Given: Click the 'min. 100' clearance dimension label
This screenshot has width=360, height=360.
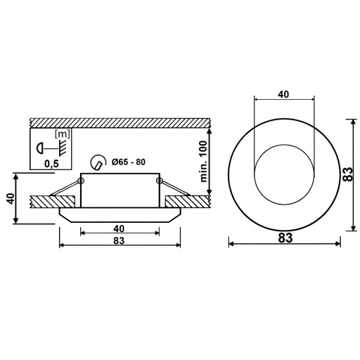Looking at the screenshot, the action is point(204,162).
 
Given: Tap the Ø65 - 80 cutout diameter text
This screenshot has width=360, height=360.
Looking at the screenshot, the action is point(129,162).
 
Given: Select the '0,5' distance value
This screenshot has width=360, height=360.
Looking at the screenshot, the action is point(51,164).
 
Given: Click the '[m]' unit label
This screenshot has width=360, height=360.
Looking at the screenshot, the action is point(62,134).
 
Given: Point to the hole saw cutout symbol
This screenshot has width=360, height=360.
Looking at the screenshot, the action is point(98,162).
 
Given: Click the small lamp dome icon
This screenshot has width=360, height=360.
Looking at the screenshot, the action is point(40,148).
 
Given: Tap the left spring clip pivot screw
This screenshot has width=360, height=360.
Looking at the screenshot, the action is point(81,181).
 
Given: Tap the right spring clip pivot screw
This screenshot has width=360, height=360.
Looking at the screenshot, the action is point(159,181).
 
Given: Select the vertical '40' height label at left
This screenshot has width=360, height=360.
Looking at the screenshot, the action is point(11,199).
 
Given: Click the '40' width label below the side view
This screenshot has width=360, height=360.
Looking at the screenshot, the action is point(119,229).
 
